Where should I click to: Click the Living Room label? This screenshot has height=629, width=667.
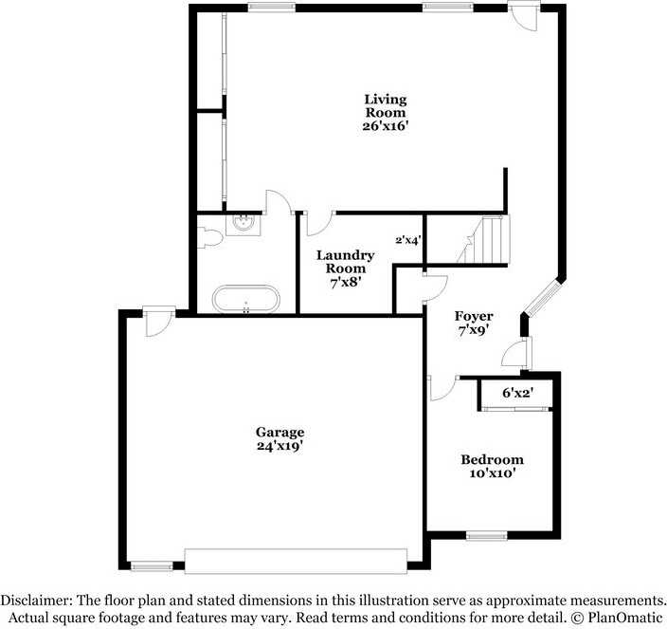[386, 105]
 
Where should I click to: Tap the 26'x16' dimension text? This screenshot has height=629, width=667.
[386, 125]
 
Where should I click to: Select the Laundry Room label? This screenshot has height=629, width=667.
[345, 262]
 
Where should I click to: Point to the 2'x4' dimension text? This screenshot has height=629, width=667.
[408, 240]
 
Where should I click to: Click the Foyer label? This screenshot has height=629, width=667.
[473, 316]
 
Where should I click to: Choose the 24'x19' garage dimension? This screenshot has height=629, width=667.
[279, 445]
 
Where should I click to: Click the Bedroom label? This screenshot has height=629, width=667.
[493, 460]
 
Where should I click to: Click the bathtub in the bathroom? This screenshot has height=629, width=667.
[246, 300]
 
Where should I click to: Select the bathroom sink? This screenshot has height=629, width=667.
[245, 224]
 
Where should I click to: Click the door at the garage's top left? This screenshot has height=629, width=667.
[156, 321]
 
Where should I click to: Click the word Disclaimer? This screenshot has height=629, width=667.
[36, 601]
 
